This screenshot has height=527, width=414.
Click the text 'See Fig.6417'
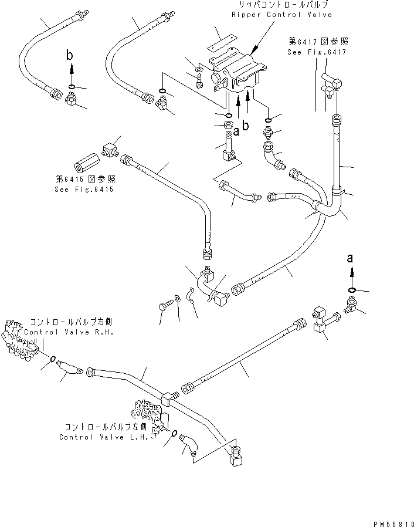[317, 52]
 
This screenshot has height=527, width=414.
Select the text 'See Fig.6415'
[84, 190]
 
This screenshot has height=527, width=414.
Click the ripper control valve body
[238, 73]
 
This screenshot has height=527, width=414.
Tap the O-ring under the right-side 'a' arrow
[351, 289]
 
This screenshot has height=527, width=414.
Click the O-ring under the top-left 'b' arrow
[71, 87]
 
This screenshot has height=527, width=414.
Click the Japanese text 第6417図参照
[318, 41]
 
